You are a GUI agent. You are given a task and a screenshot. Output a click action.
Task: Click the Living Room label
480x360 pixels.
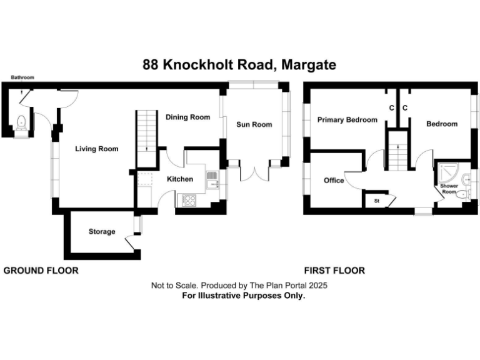coord(97,149)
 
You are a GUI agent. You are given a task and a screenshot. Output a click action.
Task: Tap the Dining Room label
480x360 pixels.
coord(187,117)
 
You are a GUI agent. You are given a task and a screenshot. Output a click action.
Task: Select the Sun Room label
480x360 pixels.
coord(254,124)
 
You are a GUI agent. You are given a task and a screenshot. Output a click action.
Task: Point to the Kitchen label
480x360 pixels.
coord(179,179)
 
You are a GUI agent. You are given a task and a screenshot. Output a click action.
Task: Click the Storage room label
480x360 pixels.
coord(102,232)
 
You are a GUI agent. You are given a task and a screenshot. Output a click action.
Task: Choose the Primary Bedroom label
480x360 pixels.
coord(347,120)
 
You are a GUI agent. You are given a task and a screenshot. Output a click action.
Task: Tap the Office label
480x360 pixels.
coord(334,181)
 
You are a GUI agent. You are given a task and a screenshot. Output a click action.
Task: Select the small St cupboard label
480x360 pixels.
coord(377,201)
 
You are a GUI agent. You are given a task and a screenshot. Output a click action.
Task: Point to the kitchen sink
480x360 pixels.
coord(212,179)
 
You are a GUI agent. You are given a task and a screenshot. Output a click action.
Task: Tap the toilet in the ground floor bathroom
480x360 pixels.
coord(21,122)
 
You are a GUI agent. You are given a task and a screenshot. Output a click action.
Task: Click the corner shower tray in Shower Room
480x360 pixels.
coord(449,171)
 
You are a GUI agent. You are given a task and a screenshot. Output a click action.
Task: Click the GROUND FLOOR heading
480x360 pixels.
coord(41,271)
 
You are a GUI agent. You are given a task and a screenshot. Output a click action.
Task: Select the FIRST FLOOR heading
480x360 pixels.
coord(334,271)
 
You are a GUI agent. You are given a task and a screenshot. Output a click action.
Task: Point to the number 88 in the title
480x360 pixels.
coord(151,65)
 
